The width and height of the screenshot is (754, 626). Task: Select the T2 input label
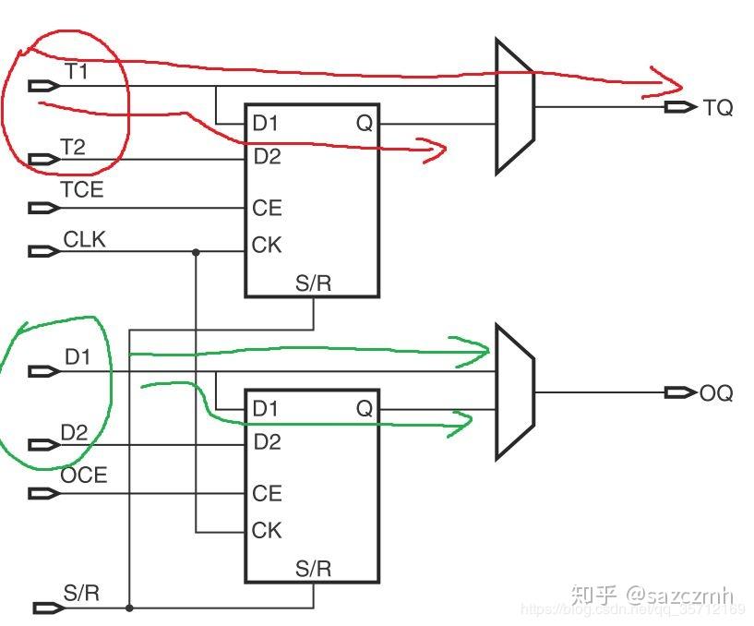click(x=75, y=146)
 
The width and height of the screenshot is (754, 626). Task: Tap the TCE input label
click(x=82, y=190)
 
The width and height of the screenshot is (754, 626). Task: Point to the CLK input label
click(x=84, y=240)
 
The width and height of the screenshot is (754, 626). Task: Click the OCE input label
click(x=84, y=476)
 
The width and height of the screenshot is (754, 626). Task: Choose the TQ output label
click(x=718, y=108)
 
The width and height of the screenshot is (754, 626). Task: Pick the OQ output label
click(x=716, y=393)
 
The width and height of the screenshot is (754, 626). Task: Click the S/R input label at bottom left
click(x=81, y=593)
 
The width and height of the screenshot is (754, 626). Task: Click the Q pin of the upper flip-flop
click(x=365, y=124)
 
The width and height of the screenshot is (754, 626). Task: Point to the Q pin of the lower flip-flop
click(x=365, y=408)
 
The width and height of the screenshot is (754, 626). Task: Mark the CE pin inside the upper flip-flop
click(x=267, y=209)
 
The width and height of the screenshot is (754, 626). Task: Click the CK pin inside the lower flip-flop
click(x=267, y=531)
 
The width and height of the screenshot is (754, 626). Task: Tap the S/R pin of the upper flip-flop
click(x=313, y=283)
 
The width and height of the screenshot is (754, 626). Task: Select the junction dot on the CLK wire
click(x=196, y=251)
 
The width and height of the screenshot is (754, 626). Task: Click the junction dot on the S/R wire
click(x=129, y=608)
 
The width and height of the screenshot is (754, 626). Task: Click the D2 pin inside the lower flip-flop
click(x=267, y=442)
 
